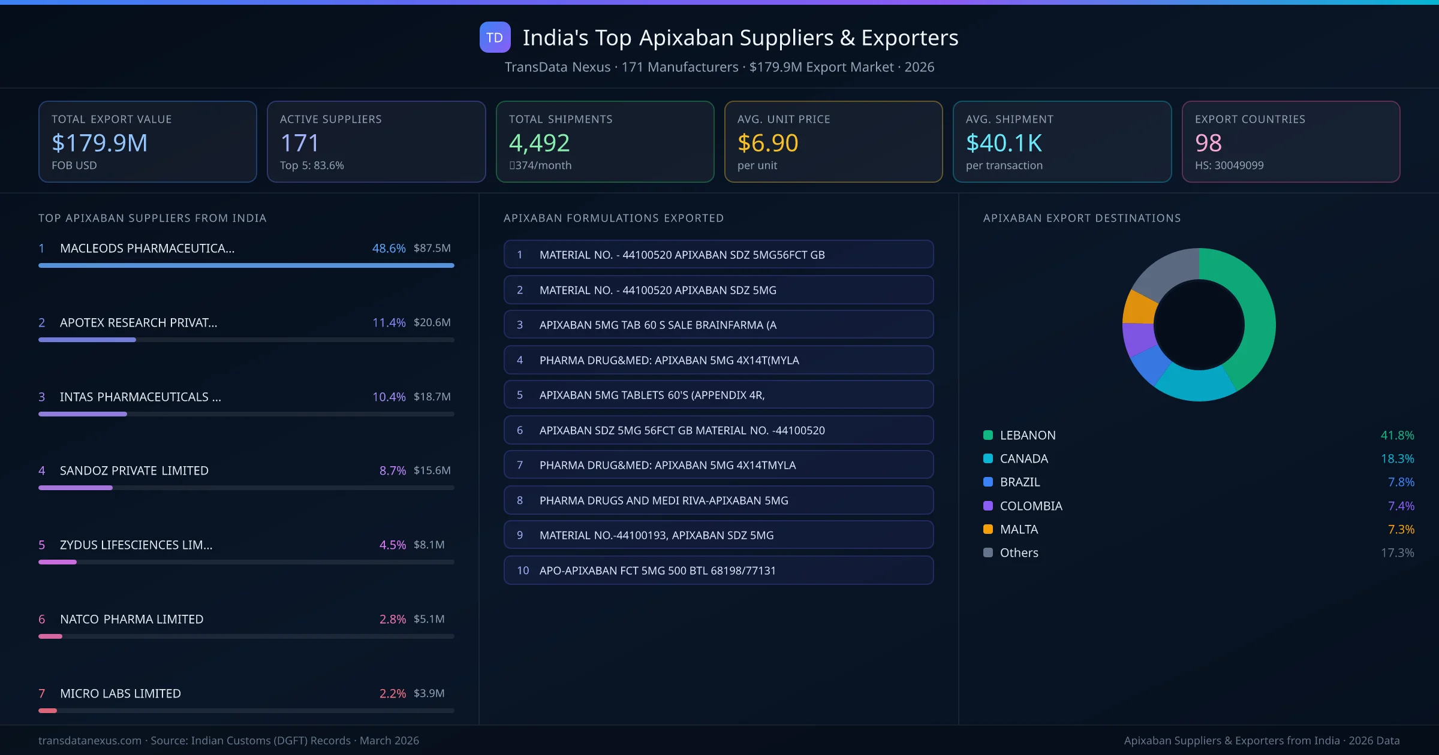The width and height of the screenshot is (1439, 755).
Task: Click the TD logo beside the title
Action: pyautogui.click(x=495, y=37)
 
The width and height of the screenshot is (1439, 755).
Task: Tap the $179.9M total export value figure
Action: pyautogui.click(x=100, y=143)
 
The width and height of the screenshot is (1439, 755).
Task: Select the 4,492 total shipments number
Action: pyautogui.click(x=539, y=143)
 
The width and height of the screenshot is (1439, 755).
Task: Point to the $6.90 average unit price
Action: pyautogui.click(x=767, y=143)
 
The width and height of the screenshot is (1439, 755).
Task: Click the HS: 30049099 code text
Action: pyautogui.click(x=1229, y=165)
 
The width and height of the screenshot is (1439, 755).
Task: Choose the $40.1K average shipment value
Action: pyautogui.click(x=1004, y=143)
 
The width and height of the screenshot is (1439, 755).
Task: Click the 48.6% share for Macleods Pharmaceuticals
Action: pyautogui.click(x=389, y=248)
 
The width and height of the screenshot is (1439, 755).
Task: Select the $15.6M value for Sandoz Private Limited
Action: pyautogui.click(x=432, y=470)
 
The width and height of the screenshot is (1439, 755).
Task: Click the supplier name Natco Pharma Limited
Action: pyautogui.click(x=131, y=619)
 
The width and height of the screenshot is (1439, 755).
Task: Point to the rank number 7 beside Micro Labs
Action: pyautogui.click(x=42, y=693)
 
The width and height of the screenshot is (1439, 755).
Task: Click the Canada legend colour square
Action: pyautogui.click(x=988, y=458)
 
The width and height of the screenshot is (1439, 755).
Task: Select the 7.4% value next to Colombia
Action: pyautogui.click(x=1401, y=506)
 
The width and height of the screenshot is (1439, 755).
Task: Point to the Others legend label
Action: pyautogui.click(x=1019, y=552)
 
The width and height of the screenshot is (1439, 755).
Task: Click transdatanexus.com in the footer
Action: pyautogui.click(x=90, y=741)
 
